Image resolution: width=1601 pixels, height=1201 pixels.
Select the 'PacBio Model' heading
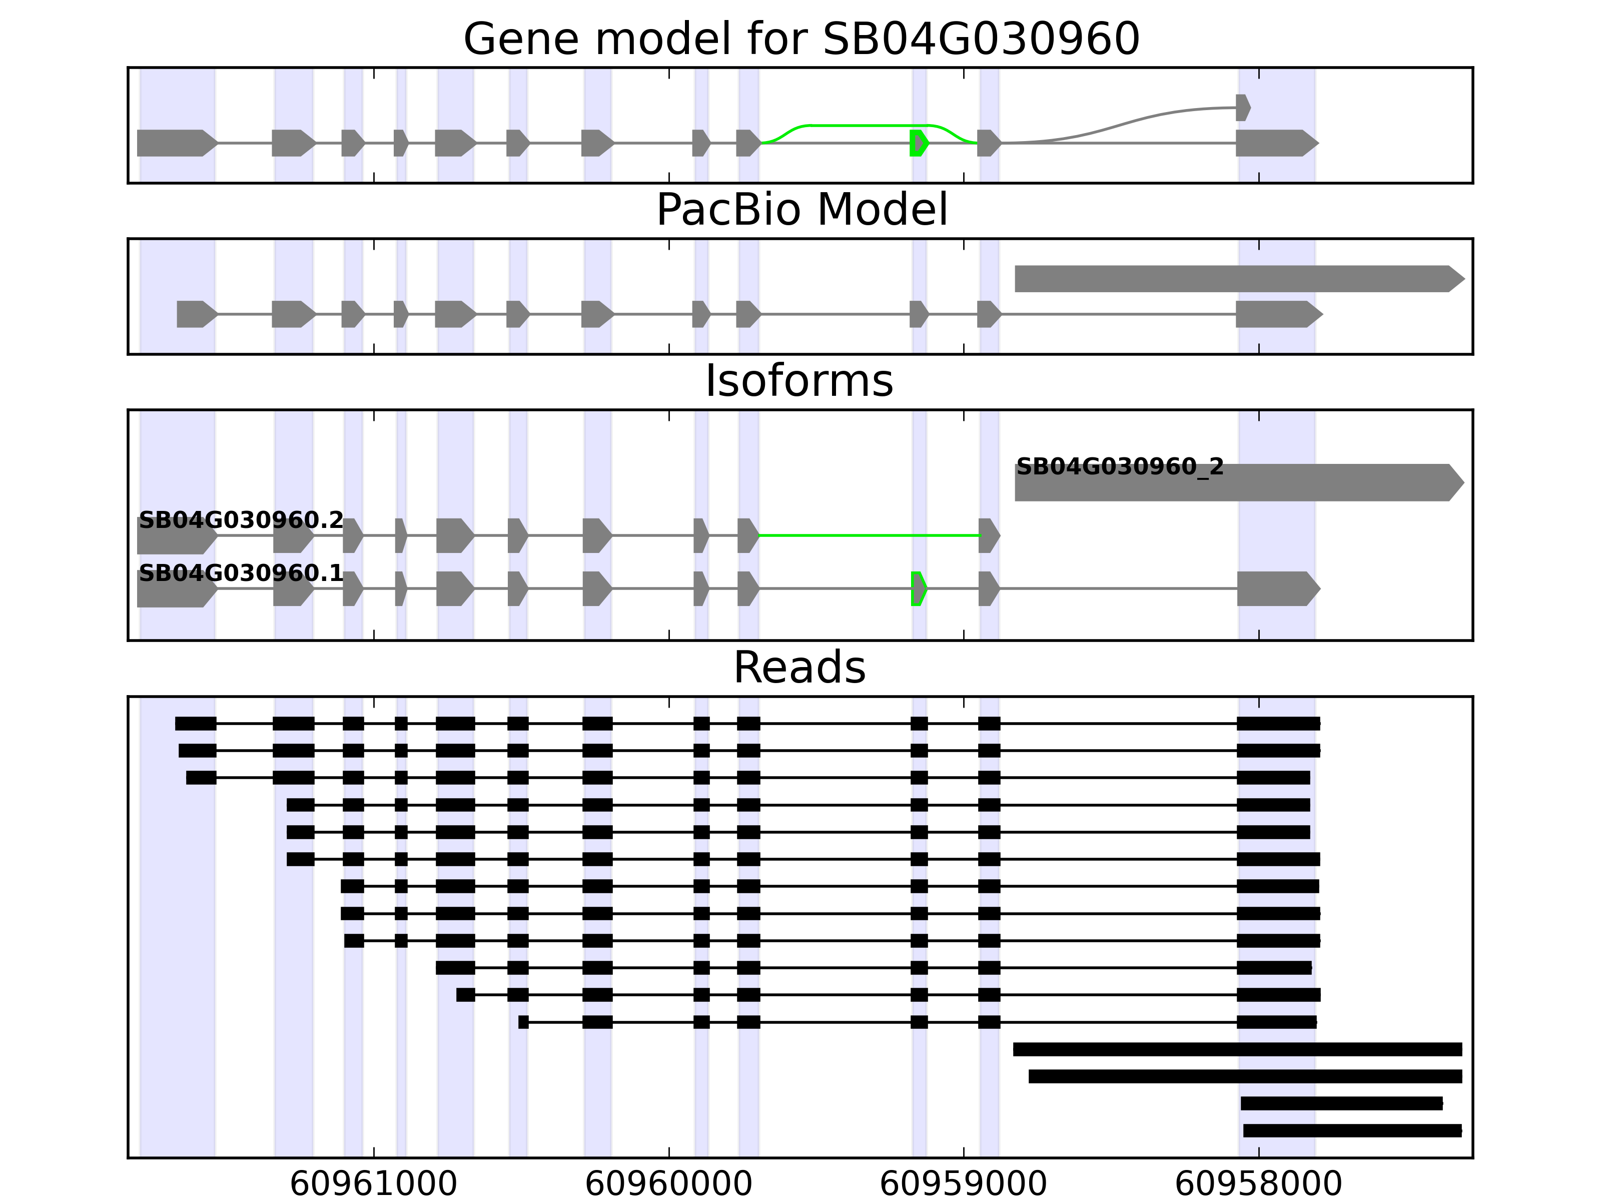click(x=801, y=210)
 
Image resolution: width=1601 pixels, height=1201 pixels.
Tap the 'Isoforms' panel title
click(x=799, y=381)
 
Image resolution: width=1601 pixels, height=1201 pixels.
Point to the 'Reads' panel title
click(x=799, y=668)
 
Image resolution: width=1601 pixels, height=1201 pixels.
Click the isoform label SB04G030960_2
click(x=1120, y=467)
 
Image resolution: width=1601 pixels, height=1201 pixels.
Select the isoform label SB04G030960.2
click(x=241, y=520)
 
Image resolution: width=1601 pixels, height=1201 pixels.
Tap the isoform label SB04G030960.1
click(x=241, y=573)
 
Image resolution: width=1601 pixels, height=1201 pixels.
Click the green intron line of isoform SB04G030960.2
click(x=869, y=536)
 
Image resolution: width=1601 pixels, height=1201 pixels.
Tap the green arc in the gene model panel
click(x=869, y=126)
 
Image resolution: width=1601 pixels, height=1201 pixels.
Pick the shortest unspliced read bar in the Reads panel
click(x=1341, y=1103)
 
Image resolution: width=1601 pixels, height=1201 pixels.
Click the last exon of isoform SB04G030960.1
click(x=1277, y=588)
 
